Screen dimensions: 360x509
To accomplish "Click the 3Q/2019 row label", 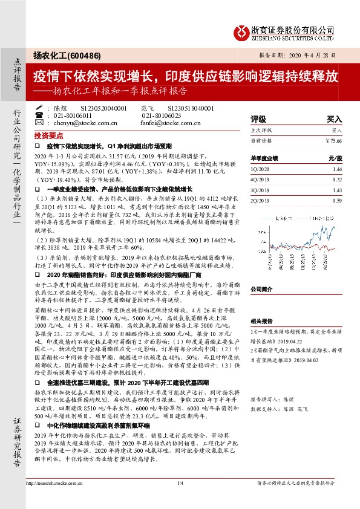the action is pyautogui.click(x=260, y=190).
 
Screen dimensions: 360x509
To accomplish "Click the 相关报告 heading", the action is pyautogui.click(x=263, y=321).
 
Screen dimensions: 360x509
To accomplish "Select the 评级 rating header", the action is pyautogui.click(x=258, y=119).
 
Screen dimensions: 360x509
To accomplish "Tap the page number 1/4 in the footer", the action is pyautogui.click(x=180, y=482).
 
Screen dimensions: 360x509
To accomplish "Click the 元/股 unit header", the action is pyautogui.click(x=335, y=158).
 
